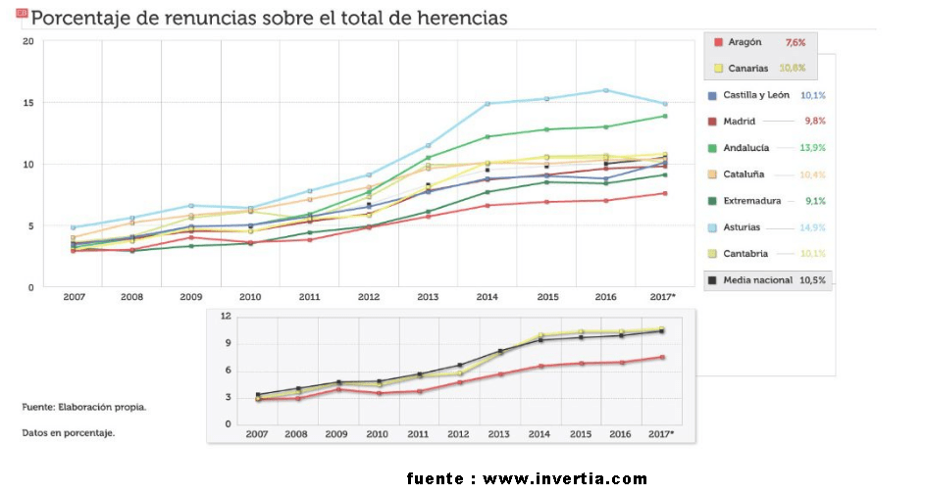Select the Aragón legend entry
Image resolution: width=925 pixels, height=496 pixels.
coord(746,42)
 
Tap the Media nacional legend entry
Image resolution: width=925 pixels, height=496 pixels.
coord(757,280)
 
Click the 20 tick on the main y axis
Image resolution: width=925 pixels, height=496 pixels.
coord(27,41)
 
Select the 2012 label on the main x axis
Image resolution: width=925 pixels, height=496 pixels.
coord(369,295)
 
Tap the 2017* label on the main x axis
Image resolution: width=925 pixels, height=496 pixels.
coord(663,295)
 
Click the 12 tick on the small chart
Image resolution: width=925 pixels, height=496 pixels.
coord(226,316)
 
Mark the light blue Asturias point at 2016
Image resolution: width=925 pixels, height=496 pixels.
coord(606,90)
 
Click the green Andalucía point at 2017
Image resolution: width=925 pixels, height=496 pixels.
coord(664,116)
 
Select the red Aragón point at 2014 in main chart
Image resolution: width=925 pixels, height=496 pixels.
coord(488,205)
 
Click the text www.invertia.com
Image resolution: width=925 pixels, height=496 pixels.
coord(565,479)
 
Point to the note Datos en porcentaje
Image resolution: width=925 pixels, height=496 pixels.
coord(69,432)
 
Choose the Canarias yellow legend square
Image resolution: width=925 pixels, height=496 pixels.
coord(719,69)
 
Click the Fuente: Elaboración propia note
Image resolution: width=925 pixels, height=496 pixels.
coord(84,406)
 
